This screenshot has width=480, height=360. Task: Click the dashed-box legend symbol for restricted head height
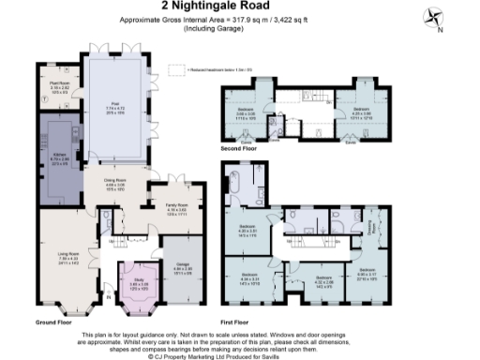(x=174, y=67)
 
